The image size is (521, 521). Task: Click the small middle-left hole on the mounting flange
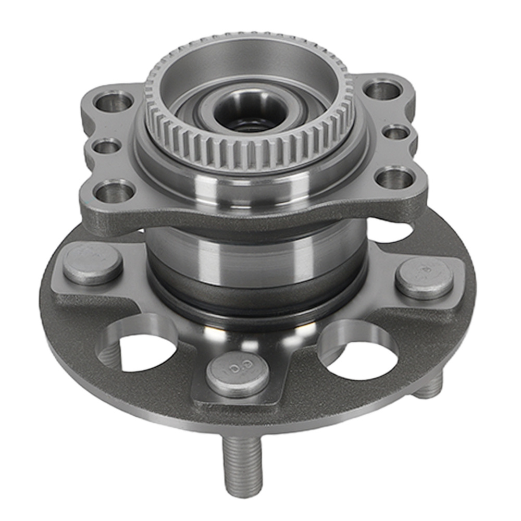coord(107,146)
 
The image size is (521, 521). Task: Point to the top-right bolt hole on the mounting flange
coord(383,89)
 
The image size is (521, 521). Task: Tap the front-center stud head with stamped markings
coord(238,374)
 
